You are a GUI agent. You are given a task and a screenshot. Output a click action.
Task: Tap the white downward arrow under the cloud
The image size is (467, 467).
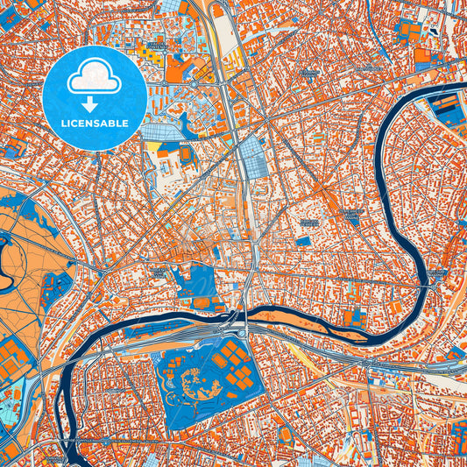point(95,103)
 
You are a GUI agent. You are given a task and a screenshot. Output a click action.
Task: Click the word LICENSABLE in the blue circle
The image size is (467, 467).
point(95,122)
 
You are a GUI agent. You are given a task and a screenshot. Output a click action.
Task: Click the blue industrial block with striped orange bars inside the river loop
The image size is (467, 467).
point(447,109)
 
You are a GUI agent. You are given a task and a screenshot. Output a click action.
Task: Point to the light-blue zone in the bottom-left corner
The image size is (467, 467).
point(9,412)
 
